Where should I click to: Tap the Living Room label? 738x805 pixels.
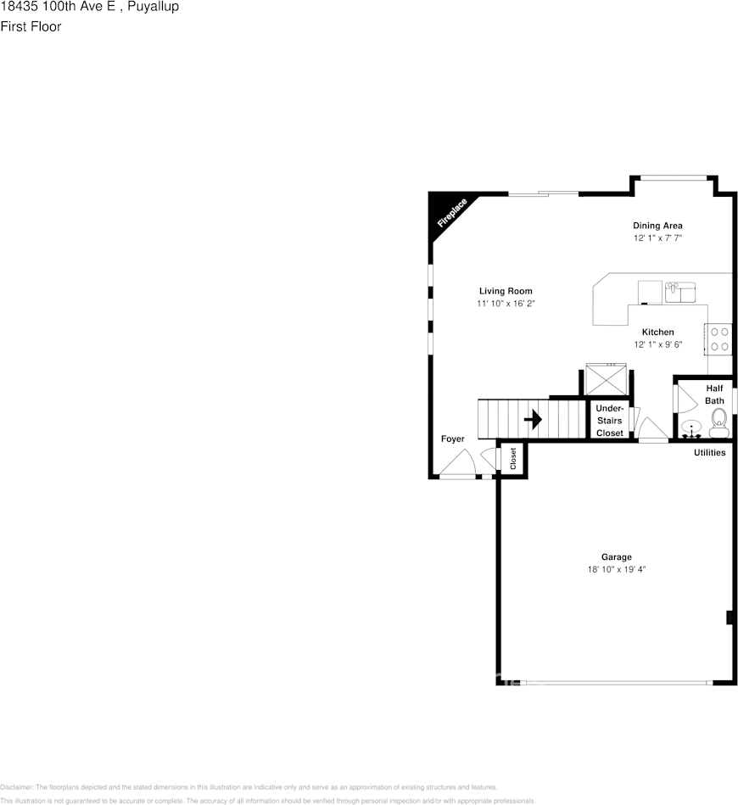point(506,291)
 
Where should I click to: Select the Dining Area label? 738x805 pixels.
point(657,226)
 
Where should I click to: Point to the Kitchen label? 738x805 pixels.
point(657,332)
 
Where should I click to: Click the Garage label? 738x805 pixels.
point(617,557)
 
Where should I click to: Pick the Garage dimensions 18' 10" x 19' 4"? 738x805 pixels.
point(617,570)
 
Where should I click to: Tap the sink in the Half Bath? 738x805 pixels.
point(691,428)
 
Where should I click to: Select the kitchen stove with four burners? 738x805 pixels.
point(720,339)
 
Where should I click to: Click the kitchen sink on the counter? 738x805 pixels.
point(679,291)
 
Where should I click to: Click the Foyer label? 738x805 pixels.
point(452,439)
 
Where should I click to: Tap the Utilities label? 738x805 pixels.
point(710,453)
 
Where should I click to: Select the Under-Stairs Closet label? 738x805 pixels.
point(609,421)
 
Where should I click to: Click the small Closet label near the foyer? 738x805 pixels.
point(513,458)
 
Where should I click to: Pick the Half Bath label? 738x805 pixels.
point(714,394)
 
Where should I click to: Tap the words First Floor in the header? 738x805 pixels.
point(31,26)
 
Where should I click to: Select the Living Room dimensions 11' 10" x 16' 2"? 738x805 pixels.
point(506,304)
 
